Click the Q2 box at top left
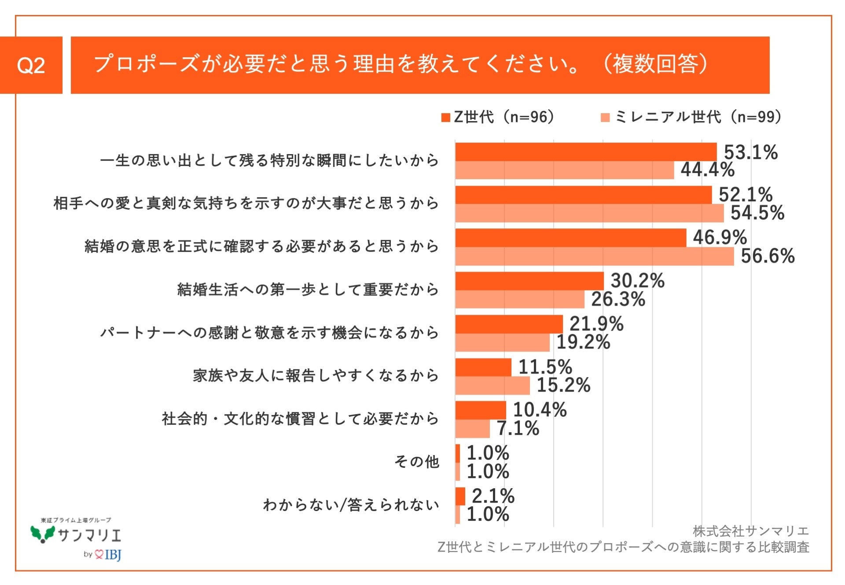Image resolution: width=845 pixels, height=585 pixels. [31, 65]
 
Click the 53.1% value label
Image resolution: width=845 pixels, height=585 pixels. [751, 152]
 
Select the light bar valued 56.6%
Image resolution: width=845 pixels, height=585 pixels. [594, 256]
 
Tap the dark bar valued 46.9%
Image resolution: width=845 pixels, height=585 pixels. [570, 238]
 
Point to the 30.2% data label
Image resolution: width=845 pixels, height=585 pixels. [637, 280]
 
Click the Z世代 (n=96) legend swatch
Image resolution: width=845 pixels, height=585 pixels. [445, 118]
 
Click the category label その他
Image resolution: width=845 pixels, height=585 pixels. [416, 461]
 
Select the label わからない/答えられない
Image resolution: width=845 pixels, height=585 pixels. [351, 504]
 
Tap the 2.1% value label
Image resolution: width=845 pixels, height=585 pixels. [493, 496]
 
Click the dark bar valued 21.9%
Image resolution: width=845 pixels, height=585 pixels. [509, 324]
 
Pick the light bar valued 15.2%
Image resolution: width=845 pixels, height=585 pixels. [492, 386]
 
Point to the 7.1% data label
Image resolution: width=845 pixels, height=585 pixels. [518, 428]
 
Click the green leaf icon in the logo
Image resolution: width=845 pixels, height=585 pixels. [42, 533]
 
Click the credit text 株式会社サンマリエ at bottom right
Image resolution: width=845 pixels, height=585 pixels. [750, 531]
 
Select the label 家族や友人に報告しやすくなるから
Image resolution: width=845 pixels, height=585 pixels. [316, 375]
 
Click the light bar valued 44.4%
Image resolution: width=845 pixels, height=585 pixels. [564, 170]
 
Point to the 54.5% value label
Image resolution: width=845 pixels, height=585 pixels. [757, 213]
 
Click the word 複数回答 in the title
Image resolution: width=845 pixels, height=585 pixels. [656, 64]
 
